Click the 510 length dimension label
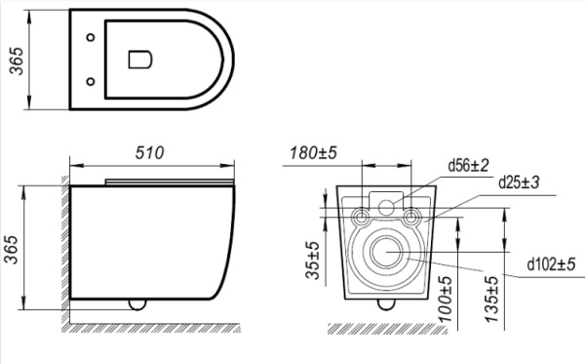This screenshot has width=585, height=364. coord(149,152)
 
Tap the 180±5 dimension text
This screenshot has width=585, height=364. coord(313,152)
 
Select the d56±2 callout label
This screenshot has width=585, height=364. coord(468,165)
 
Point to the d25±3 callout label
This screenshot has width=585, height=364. coord(519,182)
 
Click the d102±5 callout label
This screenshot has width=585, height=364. coord(552,264)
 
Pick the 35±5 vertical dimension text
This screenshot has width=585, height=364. coord(313,261)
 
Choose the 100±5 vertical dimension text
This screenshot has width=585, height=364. coord(445,299)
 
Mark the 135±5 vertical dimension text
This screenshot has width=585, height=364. coord(491,299)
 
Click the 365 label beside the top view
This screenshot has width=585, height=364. coord(16,61)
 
